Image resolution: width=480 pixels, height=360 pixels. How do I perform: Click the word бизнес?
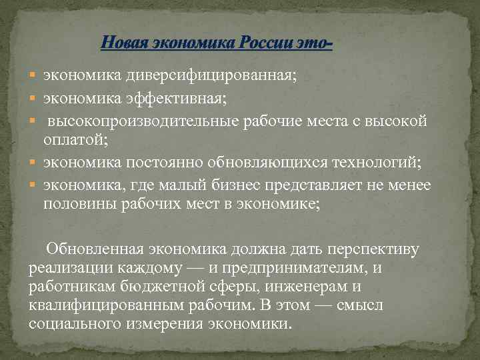click(233, 185)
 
